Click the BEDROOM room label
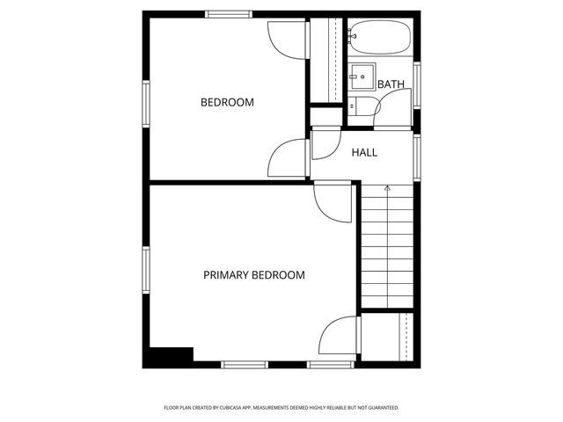pos(227,102)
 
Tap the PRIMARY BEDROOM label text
pos(254,275)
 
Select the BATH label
pos(391,84)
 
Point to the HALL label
pos(364,152)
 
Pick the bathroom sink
pos(361,75)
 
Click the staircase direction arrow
pos(387,188)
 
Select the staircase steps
pos(387,251)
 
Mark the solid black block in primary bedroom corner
pos(170,356)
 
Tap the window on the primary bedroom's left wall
pos(147,273)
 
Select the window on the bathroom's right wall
pos(417,84)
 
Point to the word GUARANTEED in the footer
pos(382,408)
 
